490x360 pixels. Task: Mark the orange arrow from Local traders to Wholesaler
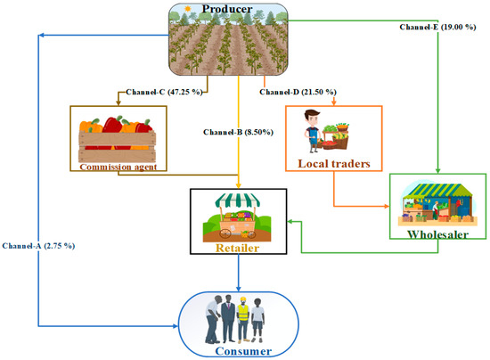tap(365, 207)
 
